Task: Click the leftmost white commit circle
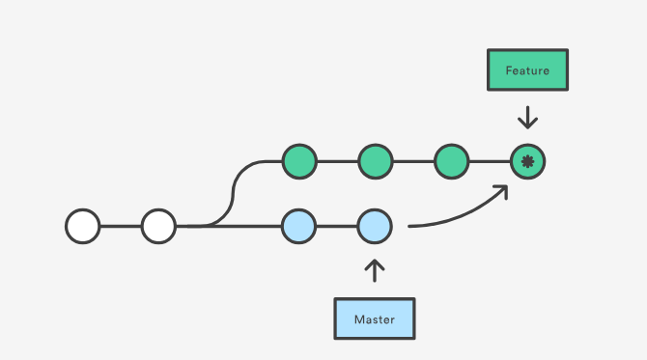(x=83, y=226)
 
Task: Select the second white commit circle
(x=158, y=226)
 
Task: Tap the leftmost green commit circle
(x=299, y=161)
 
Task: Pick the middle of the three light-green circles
(x=376, y=161)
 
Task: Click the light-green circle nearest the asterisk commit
(x=451, y=161)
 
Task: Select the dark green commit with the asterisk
(x=527, y=161)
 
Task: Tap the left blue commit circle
(x=299, y=226)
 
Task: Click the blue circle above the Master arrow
(x=375, y=226)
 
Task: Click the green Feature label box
(x=527, y=70)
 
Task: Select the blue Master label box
(x=375, y=318)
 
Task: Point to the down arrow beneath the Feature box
(x=527, y=119)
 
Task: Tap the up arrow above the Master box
(x=375, y=270)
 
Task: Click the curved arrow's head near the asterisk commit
(x=502, y=191)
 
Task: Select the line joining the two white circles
(x=121, y=226)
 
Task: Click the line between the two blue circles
(x=337, y=226)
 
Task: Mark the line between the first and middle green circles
(x=337, y=161)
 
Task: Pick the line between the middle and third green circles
(x=413, y=161)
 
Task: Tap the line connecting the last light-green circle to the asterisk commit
(x=490, y=161)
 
